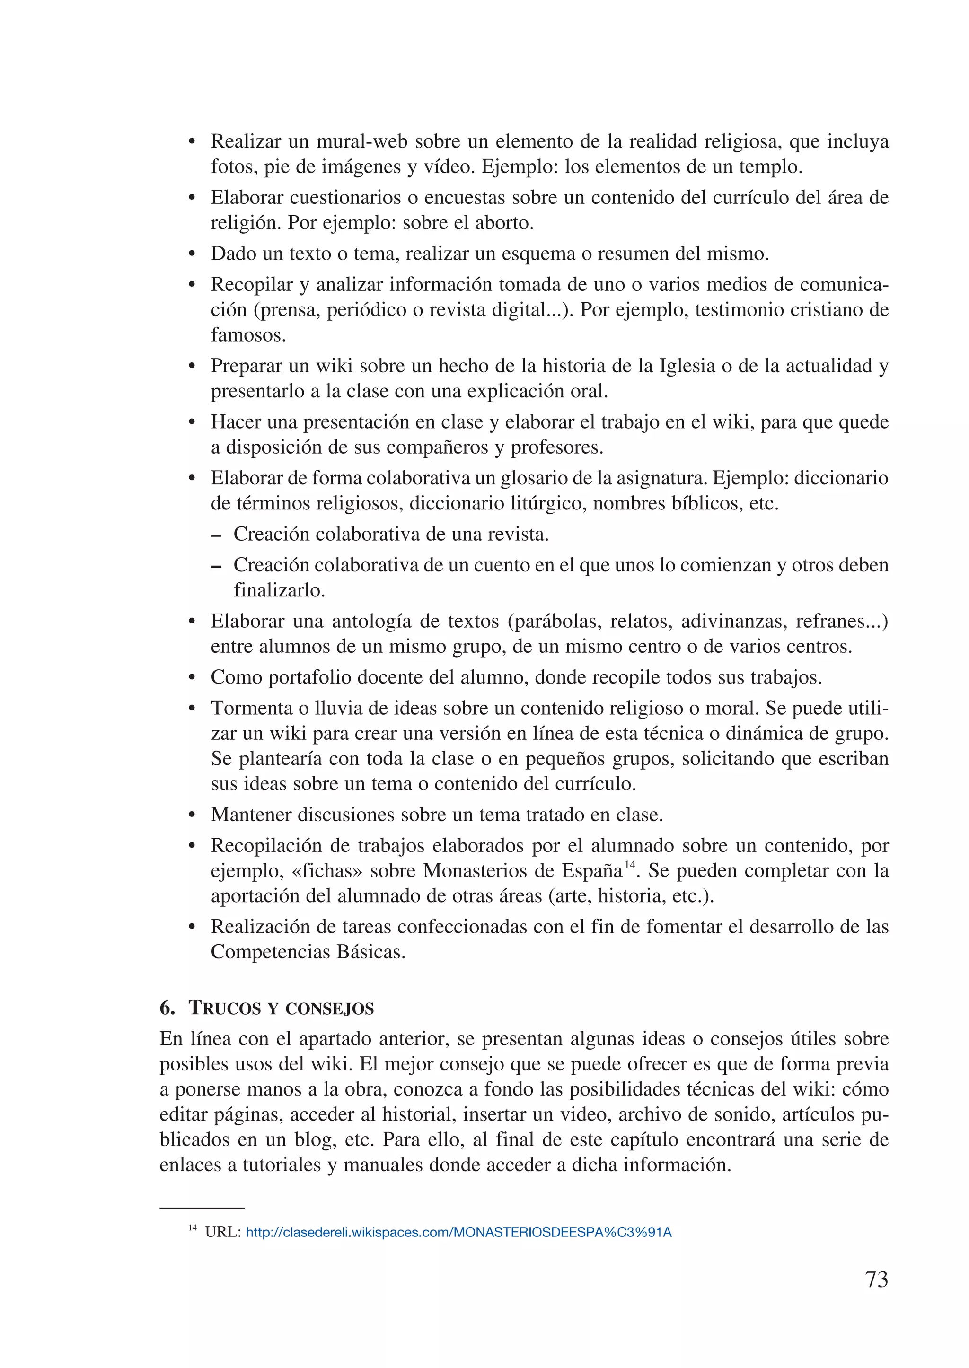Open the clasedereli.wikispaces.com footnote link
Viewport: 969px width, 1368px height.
[458, 1232]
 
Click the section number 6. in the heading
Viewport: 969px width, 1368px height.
[167, 1008]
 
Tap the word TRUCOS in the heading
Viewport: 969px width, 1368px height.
[224, 1008]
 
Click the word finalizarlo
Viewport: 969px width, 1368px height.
[279, 590]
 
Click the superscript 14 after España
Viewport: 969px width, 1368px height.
[629, 865]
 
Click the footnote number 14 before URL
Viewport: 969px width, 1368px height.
[192, 1228]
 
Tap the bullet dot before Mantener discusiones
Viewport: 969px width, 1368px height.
[192, 816]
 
